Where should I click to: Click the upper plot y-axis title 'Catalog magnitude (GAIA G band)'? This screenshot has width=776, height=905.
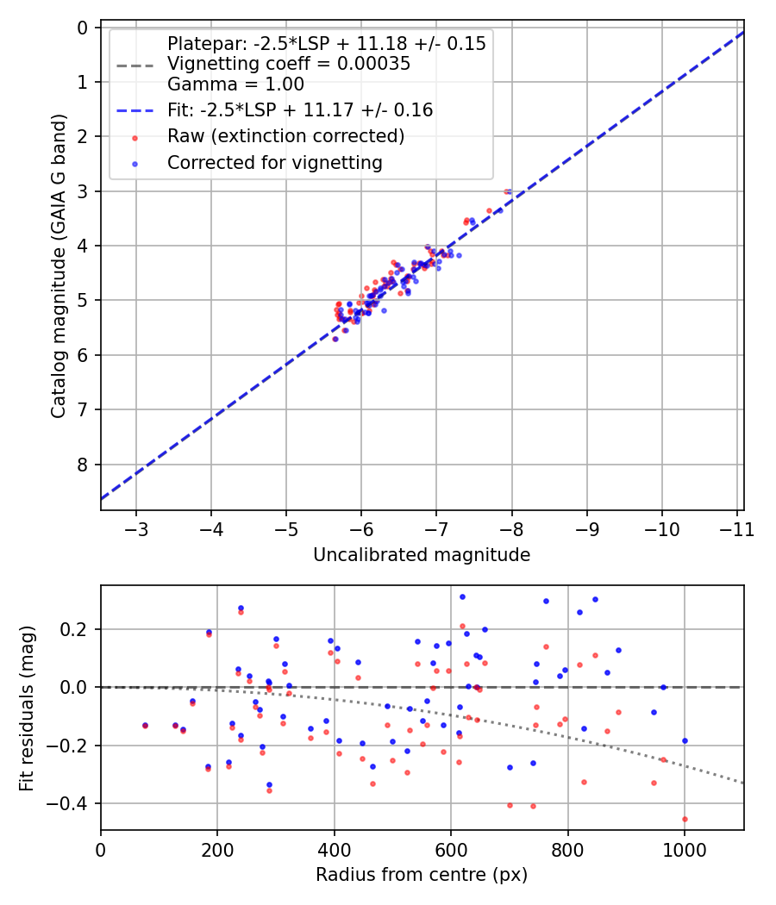click(58, 268)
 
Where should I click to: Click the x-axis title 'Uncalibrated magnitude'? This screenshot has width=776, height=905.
click(422, 555)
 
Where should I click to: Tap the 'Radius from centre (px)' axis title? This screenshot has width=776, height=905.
click(422, 875)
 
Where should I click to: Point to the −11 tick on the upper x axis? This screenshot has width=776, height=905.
click(737, 527)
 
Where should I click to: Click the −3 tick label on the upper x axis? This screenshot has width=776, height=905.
click(137, 527)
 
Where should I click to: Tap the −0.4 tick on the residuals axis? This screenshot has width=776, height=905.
click(73, 803)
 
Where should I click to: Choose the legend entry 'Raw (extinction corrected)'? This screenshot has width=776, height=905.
click(285, 136)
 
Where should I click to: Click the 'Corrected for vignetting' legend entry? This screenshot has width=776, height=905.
click(274, 162)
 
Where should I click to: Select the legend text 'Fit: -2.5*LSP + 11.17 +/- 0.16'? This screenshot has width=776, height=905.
click(299, 110)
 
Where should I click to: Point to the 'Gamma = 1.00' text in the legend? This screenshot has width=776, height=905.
click(235, 84)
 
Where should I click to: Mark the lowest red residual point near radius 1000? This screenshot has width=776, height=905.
click(685, 819)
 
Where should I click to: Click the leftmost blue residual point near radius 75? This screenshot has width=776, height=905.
click(145, 725)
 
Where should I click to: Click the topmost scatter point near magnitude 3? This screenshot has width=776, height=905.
click(508, 191)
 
